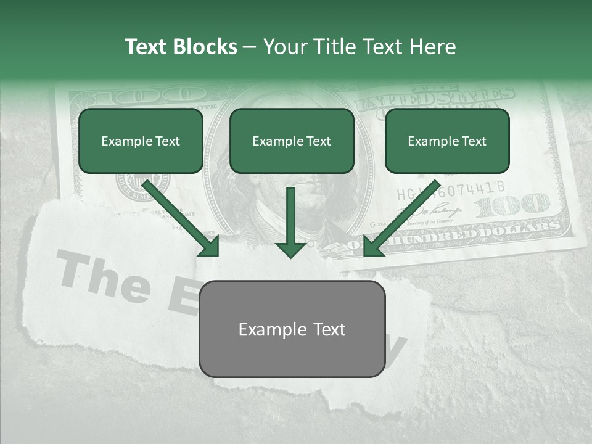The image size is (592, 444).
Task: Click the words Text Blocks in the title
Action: [x=181, y=47]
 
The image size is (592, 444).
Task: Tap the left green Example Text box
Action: [x=141, y=141]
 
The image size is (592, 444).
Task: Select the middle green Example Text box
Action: [x=292, y=141]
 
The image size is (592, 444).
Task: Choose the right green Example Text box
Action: [x=447, y=141]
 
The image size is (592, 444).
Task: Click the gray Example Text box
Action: [x=292, y=329]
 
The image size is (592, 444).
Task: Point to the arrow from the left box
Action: [x=182, y=219]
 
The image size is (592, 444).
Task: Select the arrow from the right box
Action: [x=401, y=219]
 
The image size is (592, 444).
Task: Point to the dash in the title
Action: [x=250, y=47]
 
